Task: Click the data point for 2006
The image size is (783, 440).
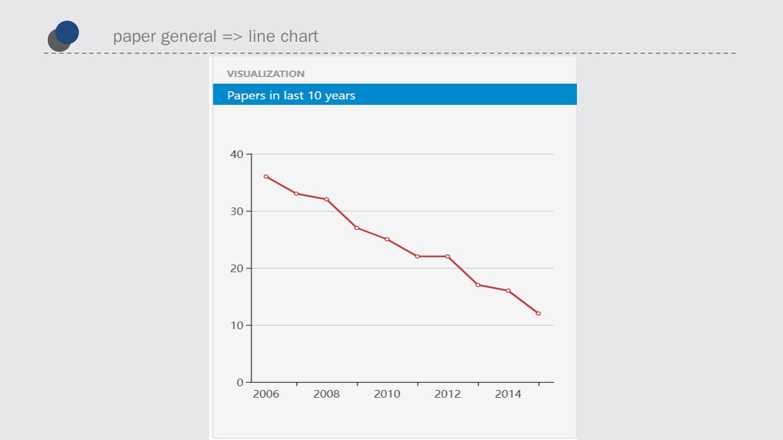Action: (266, 177)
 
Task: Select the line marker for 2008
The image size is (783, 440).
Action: (327, 199)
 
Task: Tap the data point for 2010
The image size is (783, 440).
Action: (387, 239)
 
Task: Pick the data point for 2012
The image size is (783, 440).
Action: (448, 256)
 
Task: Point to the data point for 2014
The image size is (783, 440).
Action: (508, 291)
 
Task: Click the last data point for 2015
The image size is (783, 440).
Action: (538, 313)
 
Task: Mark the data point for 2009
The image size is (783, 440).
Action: (357, 228)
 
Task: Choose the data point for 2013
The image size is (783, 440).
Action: (478, 285)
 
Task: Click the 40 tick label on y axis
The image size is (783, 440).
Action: (237, 154)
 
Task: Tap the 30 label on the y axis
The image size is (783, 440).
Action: (237, 211)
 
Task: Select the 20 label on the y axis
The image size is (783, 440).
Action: (237, 268)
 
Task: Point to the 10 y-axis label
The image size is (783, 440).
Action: (237, 325)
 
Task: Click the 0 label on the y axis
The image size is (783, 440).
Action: (240, 382)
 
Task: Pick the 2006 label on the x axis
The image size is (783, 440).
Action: (266, 394)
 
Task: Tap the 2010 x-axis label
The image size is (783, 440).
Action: (387, 394)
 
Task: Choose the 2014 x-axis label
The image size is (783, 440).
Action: (508, 394)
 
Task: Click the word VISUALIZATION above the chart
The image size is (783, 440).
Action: (266, 74)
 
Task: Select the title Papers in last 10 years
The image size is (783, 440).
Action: (291, 96)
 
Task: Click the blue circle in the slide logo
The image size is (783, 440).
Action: (67, 32)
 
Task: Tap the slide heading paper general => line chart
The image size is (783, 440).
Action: (216, 36)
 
